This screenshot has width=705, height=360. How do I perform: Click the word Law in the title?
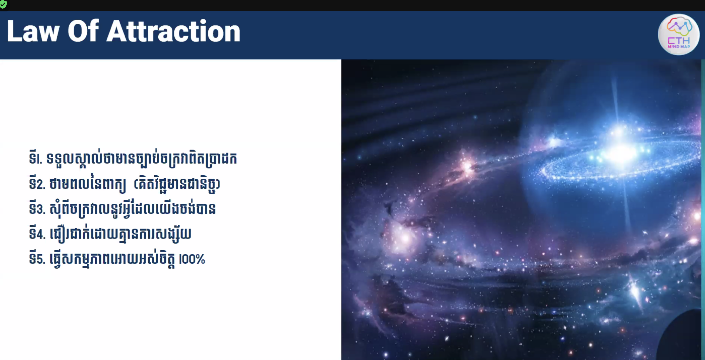pyautogui.click(x=33, y=31)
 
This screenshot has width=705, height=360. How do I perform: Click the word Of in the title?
pyautogui.click(x=83, y=31)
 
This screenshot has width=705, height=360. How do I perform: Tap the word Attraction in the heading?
pyautogui.click(x=173, y=31)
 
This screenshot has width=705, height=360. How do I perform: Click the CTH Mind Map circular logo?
pyautogui.click(x=679, y=34)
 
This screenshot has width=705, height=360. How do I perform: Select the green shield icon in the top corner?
pyautogui.click(x=3, y=4)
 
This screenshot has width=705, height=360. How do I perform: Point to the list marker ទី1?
pyautogui.click(x=35, y=158)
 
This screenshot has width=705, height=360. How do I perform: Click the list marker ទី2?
pyautogui.click(x=37, y=184)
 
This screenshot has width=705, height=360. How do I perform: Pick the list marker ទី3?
pyautogui.click(x=37, y=209)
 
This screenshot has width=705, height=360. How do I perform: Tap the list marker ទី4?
pyautogui.click(x=37, y=234)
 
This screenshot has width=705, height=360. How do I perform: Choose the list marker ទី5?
pyautogui.click(x=37, y=259)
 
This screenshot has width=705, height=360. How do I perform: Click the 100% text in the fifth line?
pyautogui.click(x=192, y=259)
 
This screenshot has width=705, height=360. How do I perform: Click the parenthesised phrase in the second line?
pyautogui.click(x=177, y=184)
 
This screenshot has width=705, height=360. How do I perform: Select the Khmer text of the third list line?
pyautogui.click(x=133, y=209)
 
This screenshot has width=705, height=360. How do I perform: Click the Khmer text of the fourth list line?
pyautogui.click(x=121, y=234)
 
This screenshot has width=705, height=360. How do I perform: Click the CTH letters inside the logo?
pyautogui.click(x=679, y=41)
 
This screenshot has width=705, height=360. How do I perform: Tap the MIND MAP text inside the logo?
pyautogui.click(x=679, y=47)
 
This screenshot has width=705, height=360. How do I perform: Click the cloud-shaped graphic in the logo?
pyautogui.click(x=679, y=26)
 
